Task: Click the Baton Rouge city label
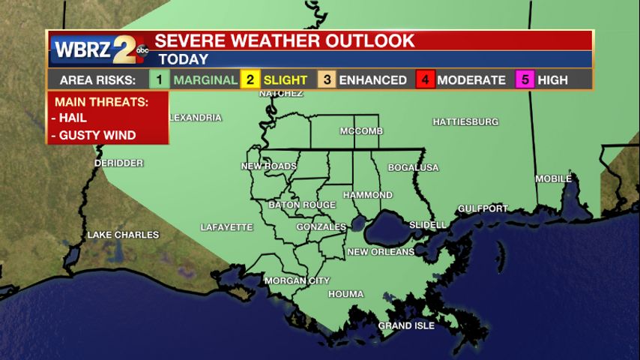point(302,205)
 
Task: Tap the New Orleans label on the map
point(381,252)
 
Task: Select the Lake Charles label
point(123,235)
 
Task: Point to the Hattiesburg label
point(465,121)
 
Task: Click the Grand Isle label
point(405,325)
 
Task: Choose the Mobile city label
point(553,178)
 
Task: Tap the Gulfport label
point(483,208)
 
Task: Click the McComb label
point(361,131)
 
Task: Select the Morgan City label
point(297,280)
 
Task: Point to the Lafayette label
point(227,227)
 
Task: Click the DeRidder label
point(118,163)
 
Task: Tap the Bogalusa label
point(413,167)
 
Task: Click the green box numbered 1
point(159,79)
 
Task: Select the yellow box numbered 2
point(250,79)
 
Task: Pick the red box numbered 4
point(425,79)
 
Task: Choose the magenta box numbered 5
point(525,79)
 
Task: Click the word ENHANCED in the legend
point(372,80)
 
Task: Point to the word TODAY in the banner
point(183,59)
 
